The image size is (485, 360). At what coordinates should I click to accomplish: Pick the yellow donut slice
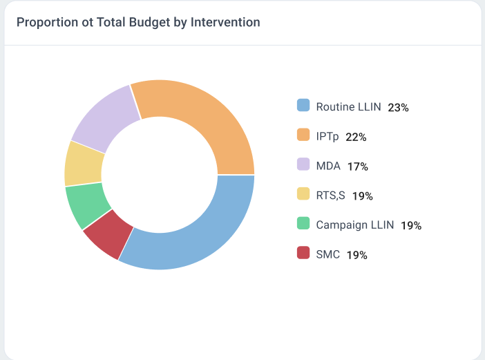tap(84, 164)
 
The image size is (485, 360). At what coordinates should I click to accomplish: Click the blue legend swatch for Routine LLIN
tap(303, 106)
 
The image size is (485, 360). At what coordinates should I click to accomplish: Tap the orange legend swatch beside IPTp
tap(303, 135)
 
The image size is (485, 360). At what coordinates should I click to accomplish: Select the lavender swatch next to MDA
tap(303, 165)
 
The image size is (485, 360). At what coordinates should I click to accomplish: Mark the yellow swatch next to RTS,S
tap(303, 194)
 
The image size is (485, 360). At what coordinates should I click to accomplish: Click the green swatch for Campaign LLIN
tap(303, 224)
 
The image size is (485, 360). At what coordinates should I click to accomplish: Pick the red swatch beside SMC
tap(303, 254)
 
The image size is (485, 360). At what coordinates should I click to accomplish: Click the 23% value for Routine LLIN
tap(399, 108)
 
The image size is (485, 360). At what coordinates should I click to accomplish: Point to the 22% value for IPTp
tap(356, 137)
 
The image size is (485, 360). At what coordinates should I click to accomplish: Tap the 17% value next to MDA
tap(358, 167)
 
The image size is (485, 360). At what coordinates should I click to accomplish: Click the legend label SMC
tap(327, 254)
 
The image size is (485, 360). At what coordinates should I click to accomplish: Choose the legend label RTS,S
tap(330, 196)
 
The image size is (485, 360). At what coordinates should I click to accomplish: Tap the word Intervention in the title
tap(227, 22)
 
